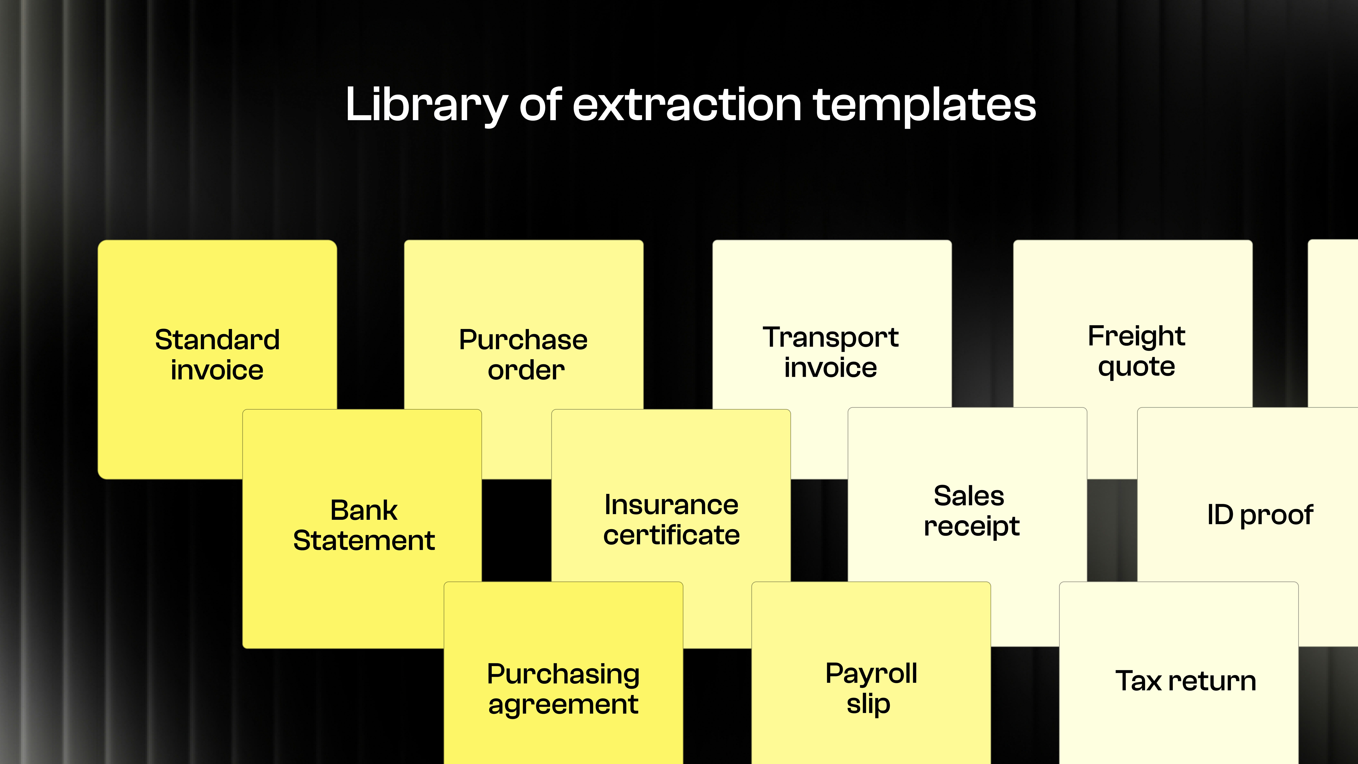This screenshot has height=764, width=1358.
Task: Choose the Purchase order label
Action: coord(524,354)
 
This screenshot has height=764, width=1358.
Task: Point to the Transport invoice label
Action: coord(831,352)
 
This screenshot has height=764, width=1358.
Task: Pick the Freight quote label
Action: coord(1137,351)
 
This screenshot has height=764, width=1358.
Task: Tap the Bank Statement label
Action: coord(364,525)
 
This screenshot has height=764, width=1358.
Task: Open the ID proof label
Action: coord(1260,515)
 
